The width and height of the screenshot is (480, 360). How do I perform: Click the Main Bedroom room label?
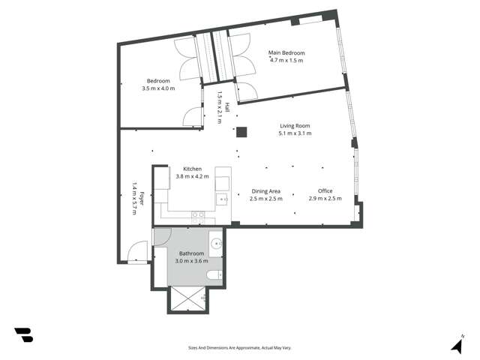click(x=287, y=53)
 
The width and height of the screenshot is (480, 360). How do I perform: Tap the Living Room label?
click(x=295, y=125)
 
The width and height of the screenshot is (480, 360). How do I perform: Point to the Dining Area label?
click(x=266, y=190)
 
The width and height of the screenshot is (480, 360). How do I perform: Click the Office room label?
click(x=325, y=190)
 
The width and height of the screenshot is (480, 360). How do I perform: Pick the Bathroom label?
click(x=191, y=253)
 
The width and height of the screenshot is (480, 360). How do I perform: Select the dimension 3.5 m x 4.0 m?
click(x=158, y=88)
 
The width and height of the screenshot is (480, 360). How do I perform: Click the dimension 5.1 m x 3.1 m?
click(x=295, y=133)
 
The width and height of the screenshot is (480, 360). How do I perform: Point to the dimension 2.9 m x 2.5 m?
click(x=325, y=199)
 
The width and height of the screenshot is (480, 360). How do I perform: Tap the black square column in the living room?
click(x=241, y=133)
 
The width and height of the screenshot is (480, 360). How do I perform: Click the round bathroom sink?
click(x=216, y=244)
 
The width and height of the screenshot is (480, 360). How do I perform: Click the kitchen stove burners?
click(x=198, y=215)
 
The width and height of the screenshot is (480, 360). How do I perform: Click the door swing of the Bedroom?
click(x=193, y=116)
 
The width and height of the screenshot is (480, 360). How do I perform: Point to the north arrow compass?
click(x=457, y=344)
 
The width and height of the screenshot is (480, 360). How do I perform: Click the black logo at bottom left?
click(x=23, y=335)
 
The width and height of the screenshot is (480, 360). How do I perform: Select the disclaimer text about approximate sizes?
click(x=239, y=348)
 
